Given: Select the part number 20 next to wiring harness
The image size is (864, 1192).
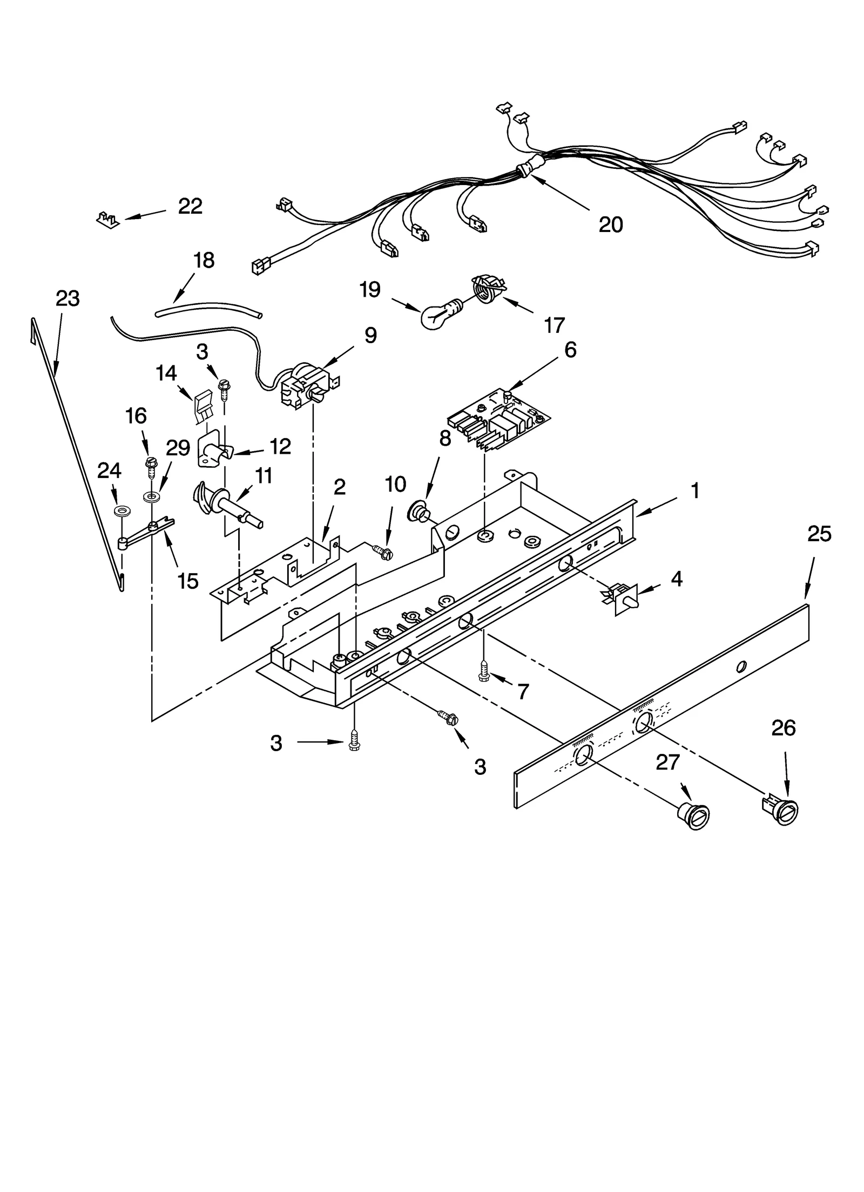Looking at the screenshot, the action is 611,224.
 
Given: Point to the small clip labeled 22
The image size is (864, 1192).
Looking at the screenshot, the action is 108,220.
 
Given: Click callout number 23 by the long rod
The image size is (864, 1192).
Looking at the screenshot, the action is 67,298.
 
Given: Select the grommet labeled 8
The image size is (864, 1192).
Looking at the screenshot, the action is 419,512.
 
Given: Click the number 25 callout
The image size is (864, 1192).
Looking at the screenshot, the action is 819,534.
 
